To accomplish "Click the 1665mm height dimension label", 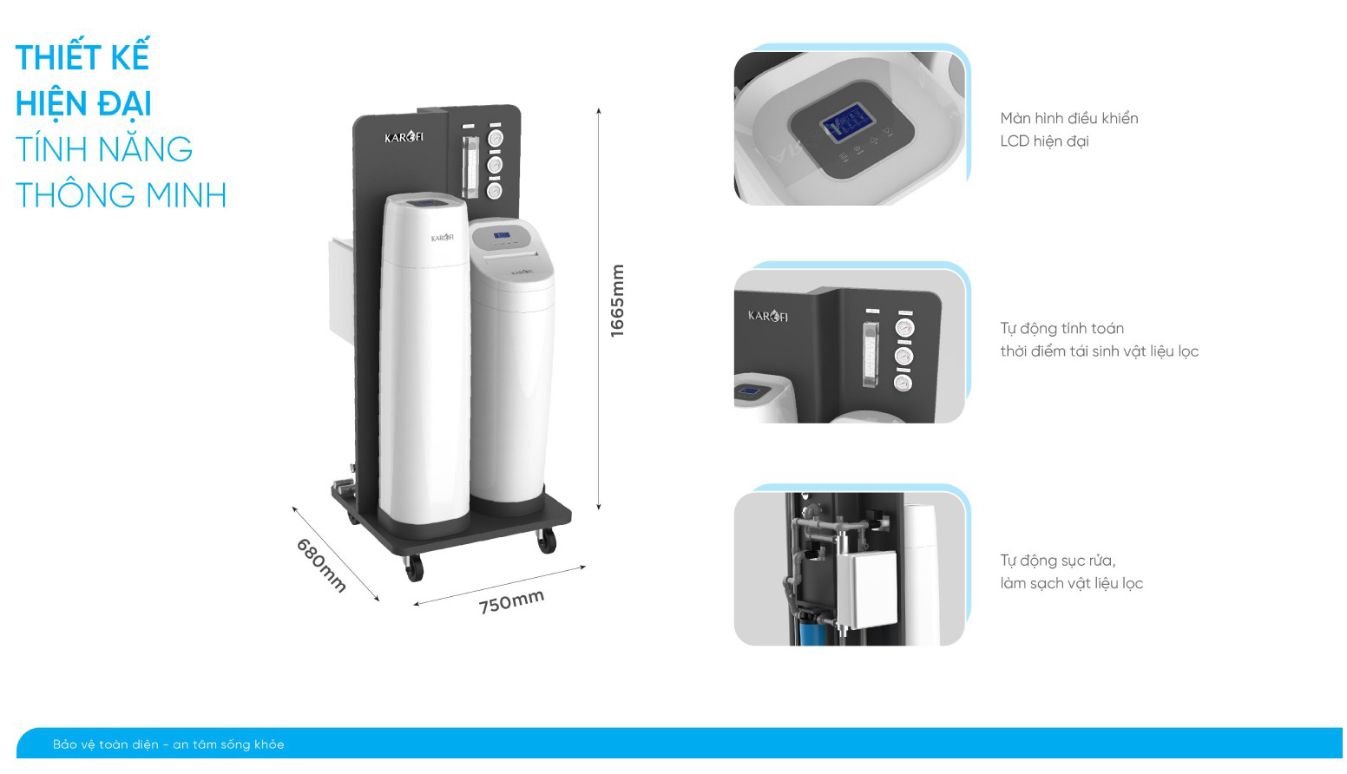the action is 617,301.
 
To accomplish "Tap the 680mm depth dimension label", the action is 322,565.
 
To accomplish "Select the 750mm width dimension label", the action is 512,601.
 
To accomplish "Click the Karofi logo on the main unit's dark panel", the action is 404,137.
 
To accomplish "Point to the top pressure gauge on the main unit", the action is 495,138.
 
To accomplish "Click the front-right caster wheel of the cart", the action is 547,541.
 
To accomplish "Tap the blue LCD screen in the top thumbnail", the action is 847,122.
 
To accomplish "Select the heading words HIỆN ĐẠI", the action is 83,103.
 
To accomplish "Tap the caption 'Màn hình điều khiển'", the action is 1069,118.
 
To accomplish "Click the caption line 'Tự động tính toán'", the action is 1062,328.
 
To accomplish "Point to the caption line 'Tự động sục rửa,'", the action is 1058,561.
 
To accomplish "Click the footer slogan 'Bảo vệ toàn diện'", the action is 105,744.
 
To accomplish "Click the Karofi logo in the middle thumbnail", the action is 768,316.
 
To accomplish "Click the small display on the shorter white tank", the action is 502,235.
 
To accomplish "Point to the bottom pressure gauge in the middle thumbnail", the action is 903,383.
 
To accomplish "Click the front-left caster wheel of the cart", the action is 414,567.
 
